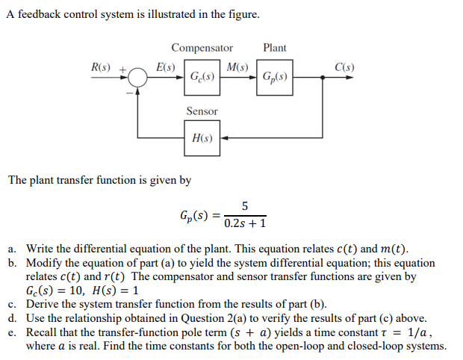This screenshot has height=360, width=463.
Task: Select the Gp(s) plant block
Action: pyautogui.click(x=275, y=76)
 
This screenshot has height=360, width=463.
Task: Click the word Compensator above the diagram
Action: pyautogui.click(x=202, y=48)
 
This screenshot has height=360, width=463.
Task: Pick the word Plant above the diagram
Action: pyautogui.click(x=274, y=48)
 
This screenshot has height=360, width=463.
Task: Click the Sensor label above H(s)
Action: pyautogui.click(x=202, y=111)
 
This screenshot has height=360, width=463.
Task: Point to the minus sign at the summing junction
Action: pyautogui.click(x=128, y=93)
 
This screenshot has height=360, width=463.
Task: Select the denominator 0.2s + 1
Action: pyautogui.click(x=245, y=223)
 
